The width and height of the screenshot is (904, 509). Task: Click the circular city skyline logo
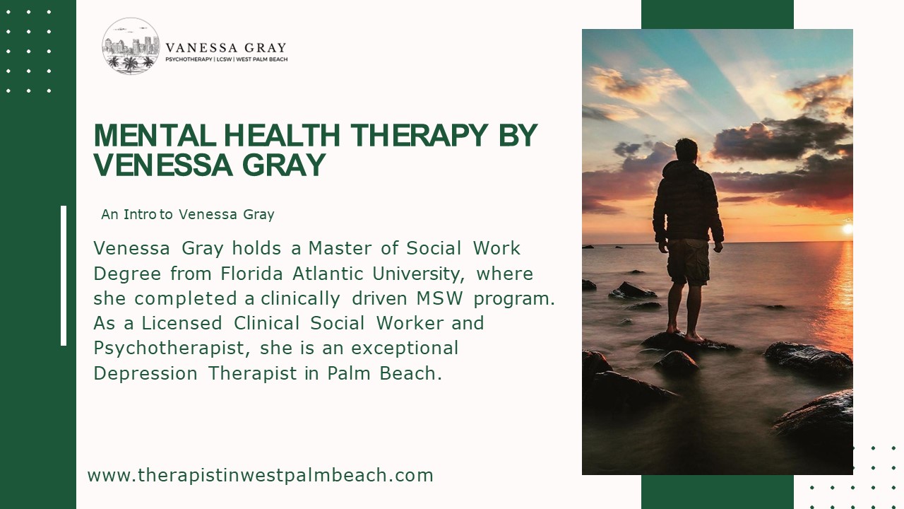tap(131, 46)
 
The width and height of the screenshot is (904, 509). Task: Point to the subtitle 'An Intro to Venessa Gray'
tap(187, 214)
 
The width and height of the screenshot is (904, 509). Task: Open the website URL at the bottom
tap(260, 475)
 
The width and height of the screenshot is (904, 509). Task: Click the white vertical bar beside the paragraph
tap(64, 276)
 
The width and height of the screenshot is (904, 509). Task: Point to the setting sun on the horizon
tap(847, 228)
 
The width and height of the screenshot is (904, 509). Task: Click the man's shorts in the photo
tap(688, 262)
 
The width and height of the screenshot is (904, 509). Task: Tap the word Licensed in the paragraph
tap(182, 323)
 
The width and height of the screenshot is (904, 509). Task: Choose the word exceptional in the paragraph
tap(405, 349)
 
